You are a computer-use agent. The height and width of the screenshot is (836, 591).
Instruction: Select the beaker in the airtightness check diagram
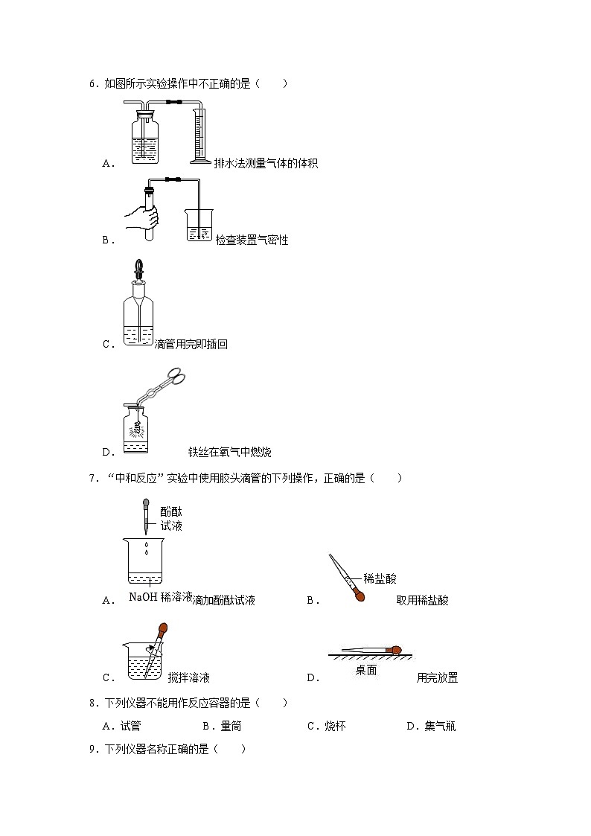(x=199, y=226)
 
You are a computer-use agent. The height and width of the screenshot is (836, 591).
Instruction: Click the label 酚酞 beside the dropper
(x=170, y=511)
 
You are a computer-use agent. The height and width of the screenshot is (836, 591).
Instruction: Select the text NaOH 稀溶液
(x=160, y=597)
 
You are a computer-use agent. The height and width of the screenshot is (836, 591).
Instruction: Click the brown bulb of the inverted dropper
(x=360, y=596)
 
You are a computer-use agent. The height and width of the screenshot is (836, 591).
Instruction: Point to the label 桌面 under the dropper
(x=365, y=670)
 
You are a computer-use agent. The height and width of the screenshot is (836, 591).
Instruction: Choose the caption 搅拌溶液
(x=188, y=677)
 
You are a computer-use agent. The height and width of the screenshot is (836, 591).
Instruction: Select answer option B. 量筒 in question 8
(x=222, y=726)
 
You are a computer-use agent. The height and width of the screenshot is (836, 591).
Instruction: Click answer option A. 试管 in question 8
(x=121, y=726)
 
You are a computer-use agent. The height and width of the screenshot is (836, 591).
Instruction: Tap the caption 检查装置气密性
(x=252, y=240)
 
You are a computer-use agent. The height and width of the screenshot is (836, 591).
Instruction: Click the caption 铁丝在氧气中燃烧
(x=229, y=452)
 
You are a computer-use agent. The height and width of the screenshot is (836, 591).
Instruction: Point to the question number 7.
(x=94, y=478)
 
